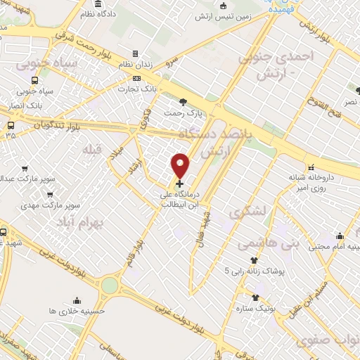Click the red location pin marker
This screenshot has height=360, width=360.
coord(181,165)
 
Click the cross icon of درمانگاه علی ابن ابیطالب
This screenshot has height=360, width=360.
coord(180,183)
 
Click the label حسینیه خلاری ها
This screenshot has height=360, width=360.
coord(78,309)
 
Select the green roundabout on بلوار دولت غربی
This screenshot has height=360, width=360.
coord(109,285)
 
